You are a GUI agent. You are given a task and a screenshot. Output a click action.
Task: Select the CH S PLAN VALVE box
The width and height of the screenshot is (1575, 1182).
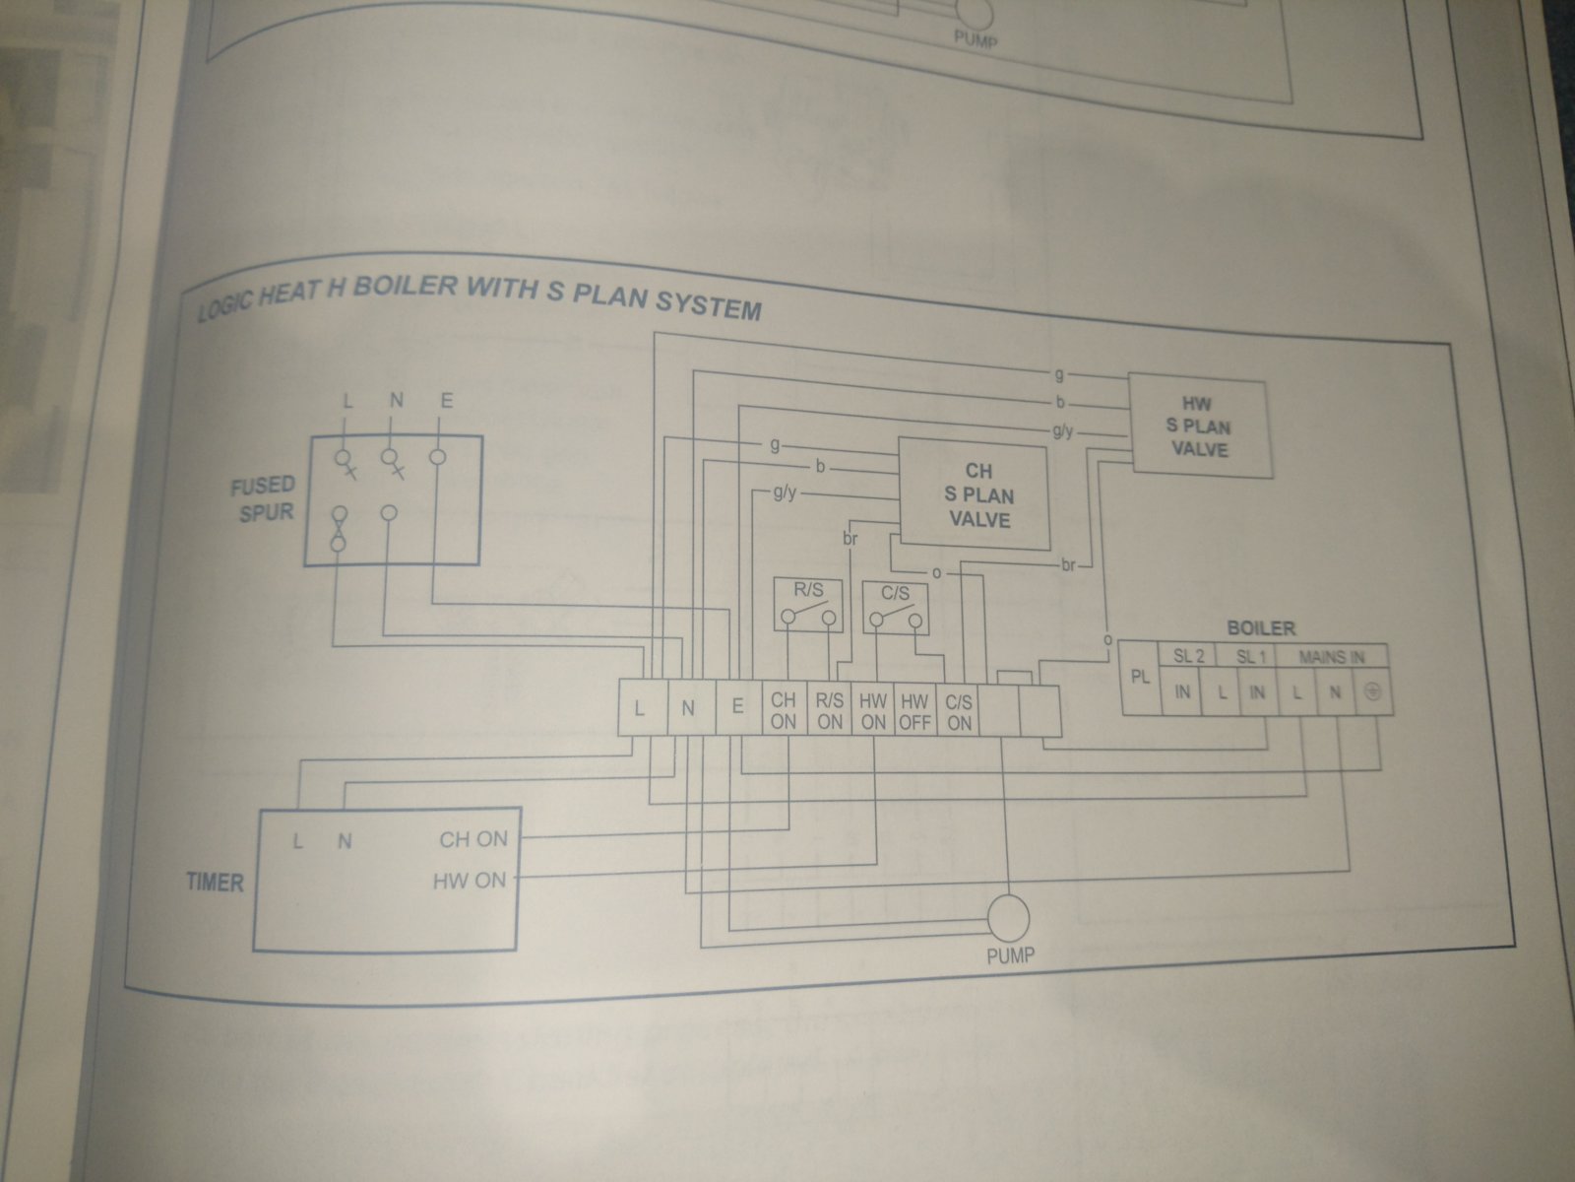973,494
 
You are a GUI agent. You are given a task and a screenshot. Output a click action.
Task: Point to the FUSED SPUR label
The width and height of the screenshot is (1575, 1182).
262,498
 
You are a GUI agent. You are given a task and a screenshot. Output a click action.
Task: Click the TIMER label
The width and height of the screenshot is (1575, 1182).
215,882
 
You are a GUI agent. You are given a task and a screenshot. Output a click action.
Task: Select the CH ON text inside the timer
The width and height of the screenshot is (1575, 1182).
472,839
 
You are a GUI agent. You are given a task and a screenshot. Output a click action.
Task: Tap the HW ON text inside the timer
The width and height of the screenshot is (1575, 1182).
469,880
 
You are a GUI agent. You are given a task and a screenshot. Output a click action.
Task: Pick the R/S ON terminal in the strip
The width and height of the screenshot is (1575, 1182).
829,711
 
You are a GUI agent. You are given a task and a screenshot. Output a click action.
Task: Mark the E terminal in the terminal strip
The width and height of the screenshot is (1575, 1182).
737,707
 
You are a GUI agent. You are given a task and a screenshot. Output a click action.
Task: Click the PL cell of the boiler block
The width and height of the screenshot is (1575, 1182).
1141,680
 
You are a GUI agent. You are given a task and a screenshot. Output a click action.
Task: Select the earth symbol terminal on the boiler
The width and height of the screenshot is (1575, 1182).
1374,692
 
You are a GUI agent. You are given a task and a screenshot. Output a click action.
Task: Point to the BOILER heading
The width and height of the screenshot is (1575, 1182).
1260,627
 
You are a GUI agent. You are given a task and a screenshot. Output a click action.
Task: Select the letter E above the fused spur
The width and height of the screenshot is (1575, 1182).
445,401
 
